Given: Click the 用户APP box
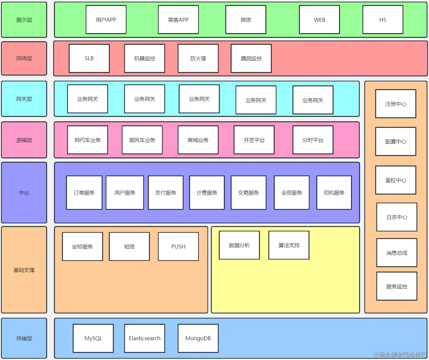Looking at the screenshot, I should pos(106,20).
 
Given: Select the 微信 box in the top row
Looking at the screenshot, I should pos(246,20).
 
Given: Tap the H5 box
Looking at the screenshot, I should pos(382,20).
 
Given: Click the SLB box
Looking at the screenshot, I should pos(89,58).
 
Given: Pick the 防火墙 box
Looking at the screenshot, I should pos(198,58).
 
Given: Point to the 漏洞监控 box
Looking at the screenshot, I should pos(251,58).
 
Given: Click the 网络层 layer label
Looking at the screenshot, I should pos(24,58).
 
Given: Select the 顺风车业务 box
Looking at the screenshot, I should pos(142,140).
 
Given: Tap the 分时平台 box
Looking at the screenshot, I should pos(313,140).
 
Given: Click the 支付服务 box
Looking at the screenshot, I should pos(166,193).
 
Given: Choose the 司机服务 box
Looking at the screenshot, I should pos(334,193).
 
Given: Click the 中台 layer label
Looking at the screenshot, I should pos(24,193).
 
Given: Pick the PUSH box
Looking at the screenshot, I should pos(178,246).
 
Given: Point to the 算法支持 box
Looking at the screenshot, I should pos(289,245).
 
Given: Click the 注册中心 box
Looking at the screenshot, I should pos(396,104).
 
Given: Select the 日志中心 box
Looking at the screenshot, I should pos(397,217).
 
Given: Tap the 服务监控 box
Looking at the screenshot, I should pos(397,286).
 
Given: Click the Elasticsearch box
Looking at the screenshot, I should pos(145,338).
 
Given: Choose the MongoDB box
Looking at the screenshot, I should pos(198,338).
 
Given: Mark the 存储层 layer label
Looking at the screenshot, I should pos(24,338).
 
